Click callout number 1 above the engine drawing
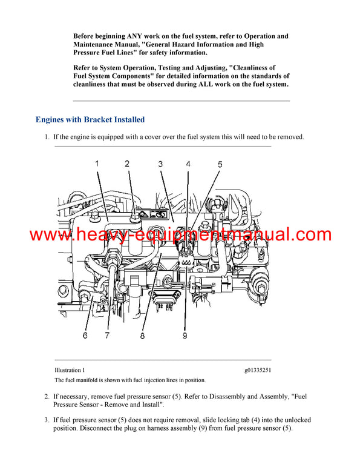[97, 164]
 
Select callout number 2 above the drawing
[127, 164]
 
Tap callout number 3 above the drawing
[160, 164]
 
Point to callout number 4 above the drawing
[188, 164]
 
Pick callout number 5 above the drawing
[220, 164]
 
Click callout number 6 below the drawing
[85, 335]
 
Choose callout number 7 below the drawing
[107, 335]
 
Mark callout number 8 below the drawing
[143, 335]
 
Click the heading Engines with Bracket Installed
[90, 120]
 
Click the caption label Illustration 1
[70, 369]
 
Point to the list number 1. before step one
[47, 137]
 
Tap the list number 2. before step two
[47, 397]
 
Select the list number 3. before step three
[47, 420]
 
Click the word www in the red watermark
[49, 235]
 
